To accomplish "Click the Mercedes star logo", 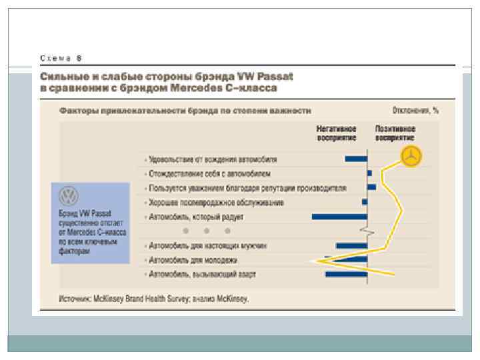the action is coord(412,157).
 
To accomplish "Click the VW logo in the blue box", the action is coord(69,196).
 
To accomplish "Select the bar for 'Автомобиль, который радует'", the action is coord(339,217).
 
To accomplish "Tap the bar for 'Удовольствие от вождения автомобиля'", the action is coord(356,159).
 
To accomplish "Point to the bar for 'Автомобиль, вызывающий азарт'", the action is coord(346,274).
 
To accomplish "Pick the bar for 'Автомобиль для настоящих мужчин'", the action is coord(351,245).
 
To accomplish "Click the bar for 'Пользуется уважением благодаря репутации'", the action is coord(371,187).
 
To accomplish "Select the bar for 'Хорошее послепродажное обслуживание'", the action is coord(365,201).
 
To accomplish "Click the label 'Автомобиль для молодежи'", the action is coord(193,260).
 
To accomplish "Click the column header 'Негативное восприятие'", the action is coord(336,133).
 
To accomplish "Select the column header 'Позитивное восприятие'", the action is coord(395,133).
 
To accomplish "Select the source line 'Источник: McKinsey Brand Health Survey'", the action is coord(153,299).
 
